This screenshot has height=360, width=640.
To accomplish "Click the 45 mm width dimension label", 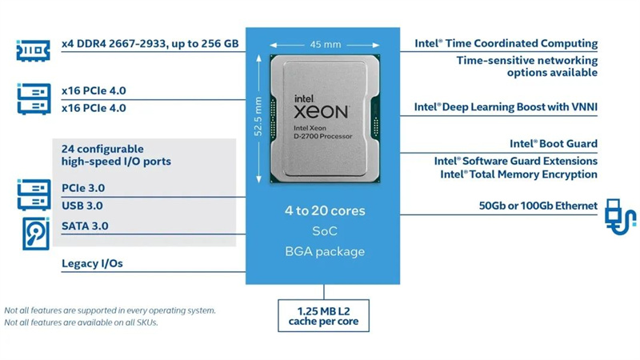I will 321,45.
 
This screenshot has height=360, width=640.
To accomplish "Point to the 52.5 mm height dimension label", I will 258,118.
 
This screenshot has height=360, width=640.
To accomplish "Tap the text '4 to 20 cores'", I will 325,211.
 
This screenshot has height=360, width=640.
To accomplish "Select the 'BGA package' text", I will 325,251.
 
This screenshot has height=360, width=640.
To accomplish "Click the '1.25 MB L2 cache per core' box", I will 324,315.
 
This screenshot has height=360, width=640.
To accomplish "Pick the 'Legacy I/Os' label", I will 92,263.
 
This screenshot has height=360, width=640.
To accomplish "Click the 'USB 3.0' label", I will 82,206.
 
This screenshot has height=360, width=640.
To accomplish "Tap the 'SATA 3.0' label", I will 85,226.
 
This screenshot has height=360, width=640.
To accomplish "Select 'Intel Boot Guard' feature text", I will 554,144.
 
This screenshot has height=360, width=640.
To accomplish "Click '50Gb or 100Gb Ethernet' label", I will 538,206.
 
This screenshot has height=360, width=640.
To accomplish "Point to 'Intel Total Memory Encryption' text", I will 518,174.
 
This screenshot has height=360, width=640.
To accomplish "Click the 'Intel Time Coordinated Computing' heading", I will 506,43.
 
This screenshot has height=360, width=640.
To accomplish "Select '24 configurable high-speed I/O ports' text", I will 116,155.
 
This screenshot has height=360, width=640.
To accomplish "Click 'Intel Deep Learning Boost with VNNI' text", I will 506,106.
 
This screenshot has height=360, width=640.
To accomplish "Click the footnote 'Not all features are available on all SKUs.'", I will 82,322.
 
